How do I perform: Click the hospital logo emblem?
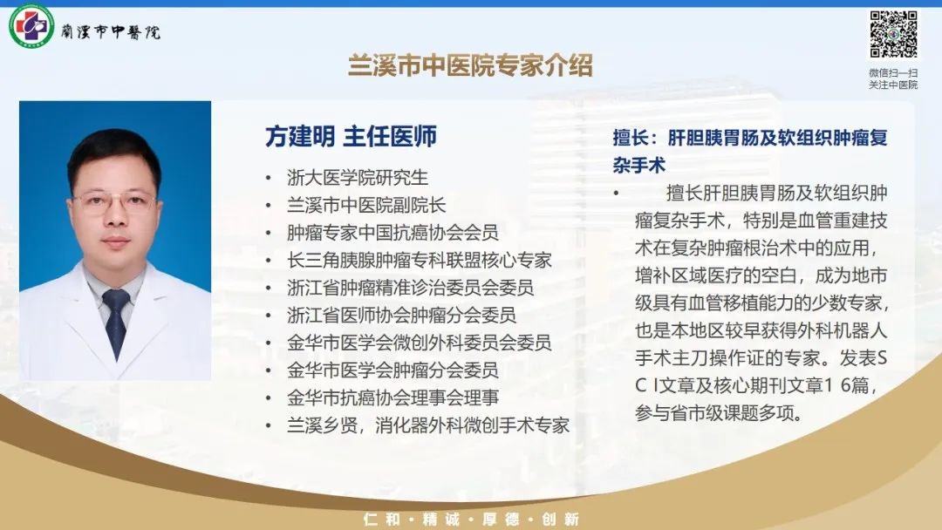pos(31,26)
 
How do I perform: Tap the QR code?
pos(893,34)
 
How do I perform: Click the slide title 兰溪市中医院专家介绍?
pos(470,65)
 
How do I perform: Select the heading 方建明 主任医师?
pos(351,137)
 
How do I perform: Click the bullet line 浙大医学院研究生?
pos(358,178)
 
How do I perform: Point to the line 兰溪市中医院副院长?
pos(366,205)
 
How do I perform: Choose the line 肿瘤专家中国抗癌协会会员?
pos(392,233)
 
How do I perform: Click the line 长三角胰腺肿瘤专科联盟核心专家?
pos(420,261)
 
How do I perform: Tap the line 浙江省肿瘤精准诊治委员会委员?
pos(410,288)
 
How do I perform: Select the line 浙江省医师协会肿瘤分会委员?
pos(401,315)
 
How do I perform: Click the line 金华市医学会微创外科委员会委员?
pos(420,343)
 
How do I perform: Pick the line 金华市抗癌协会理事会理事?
pos(392,397)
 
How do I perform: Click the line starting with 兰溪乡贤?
pos(428,425)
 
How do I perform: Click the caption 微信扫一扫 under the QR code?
pos(893,72)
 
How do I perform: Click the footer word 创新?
pos(560,520)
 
